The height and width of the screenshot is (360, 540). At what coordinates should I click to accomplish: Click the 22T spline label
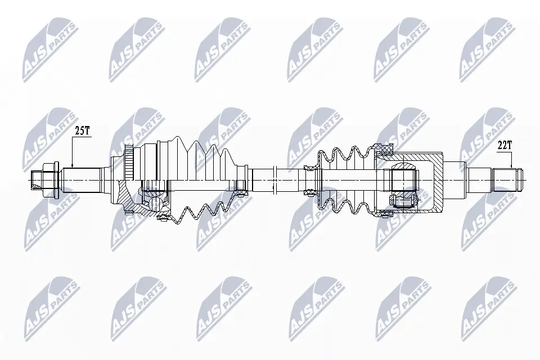pyautogui.click(x=504, y=145)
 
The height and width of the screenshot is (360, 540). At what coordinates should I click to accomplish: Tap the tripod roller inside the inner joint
pyautogui.click(x=404, y=180)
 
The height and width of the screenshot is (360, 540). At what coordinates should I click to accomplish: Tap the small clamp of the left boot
pyautogui.click(x=242, y=192)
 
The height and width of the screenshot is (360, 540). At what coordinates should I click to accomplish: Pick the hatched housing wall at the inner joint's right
pyautogui.click(x=436, y=191)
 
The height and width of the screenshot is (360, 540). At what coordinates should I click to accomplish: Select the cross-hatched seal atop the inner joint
pyautogui.click(x=385, y=149)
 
